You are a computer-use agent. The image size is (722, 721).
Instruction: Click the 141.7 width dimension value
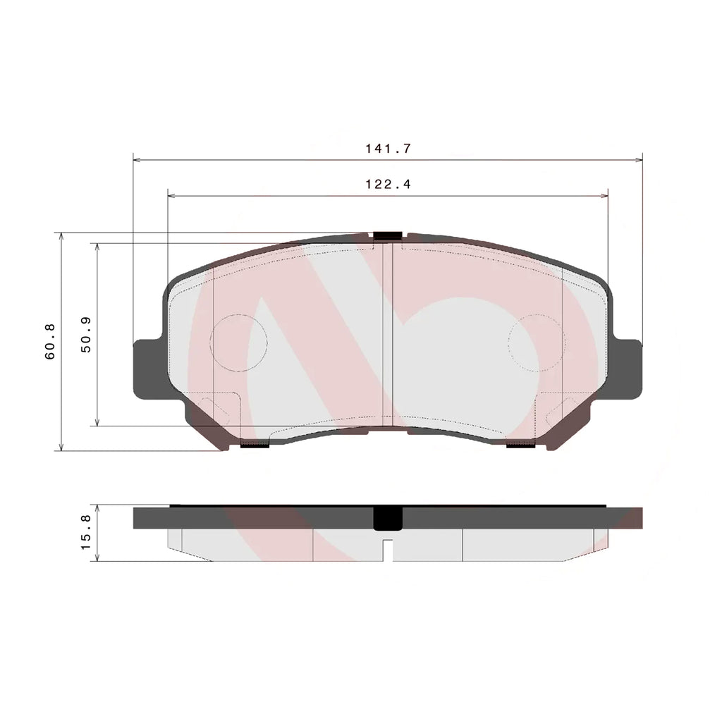[x=388, y=149]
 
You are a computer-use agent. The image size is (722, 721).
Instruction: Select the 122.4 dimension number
[x=388, y=184]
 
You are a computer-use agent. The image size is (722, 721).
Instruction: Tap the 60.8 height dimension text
[x=50, y=341]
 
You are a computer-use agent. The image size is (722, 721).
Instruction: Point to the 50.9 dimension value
[x=86, y=335]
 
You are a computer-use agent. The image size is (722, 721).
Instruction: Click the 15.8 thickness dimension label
[x=86, y=532]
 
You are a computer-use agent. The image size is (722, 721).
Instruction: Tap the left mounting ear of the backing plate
[x=148, y=369]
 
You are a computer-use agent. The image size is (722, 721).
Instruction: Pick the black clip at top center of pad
[x=388, y=236]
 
